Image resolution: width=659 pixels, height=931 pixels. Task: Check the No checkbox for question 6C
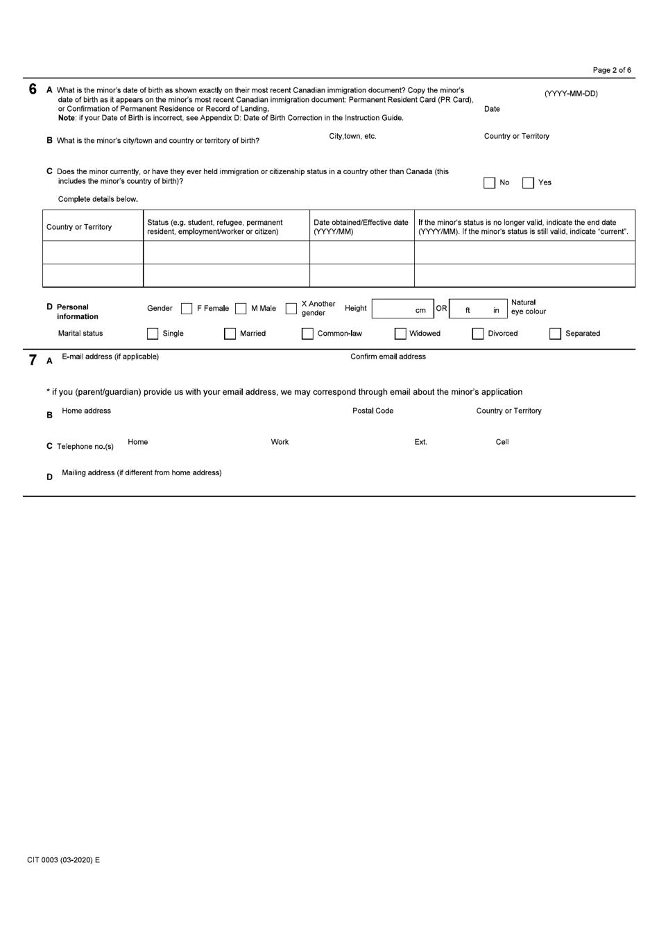point(490,183)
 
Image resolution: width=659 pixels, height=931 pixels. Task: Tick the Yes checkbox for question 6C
point(529,183)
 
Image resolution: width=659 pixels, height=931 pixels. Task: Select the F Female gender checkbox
point(187,309)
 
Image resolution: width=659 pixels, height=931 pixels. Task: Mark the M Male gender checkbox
point(241,309)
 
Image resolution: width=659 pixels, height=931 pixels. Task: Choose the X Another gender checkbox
point(291,309)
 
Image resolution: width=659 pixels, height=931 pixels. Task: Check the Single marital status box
point(153,334)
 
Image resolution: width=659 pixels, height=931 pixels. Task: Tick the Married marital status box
point(230,334)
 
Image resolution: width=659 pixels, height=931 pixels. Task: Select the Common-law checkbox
point(307,334)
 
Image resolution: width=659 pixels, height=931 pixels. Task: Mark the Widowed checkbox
point(400,334)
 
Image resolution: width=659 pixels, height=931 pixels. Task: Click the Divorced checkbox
point(478,334)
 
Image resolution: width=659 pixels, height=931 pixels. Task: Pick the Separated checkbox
point(555,334)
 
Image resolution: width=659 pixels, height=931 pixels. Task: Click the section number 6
point(32,89)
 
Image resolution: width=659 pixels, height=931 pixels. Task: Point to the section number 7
point(32,359)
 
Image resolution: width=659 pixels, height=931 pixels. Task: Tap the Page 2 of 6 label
point(612,70)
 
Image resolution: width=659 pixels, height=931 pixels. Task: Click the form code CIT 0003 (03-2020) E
point(63,860)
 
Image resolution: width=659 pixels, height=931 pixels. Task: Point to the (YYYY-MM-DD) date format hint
point(571,94)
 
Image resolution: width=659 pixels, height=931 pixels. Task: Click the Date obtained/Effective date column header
point(361,227)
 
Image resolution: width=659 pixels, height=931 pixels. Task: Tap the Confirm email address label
point(388,357)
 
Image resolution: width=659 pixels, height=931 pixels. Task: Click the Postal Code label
point(373,411)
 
